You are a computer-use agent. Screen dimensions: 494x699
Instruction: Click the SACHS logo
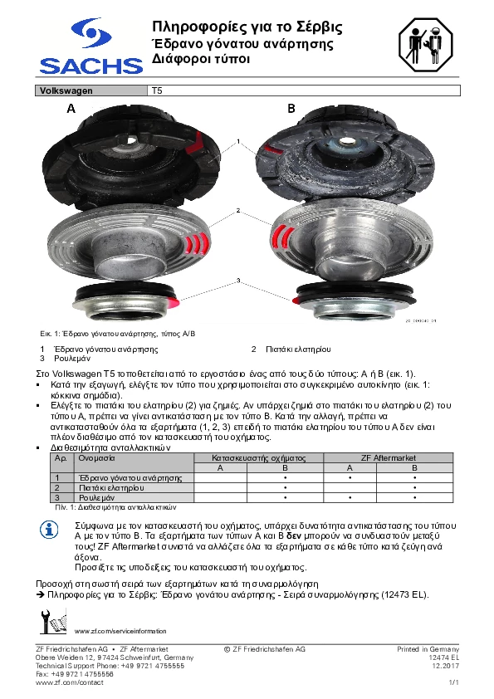click(x=91, y=46)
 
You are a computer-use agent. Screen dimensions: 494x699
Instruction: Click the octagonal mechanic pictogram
click(x=425, y=45)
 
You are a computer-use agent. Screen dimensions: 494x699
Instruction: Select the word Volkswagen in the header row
click(x=66, y=90)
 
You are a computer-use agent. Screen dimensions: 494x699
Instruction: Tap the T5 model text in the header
click(x=157, y=90)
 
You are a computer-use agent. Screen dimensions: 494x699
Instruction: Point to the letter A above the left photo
click(x=71, y=108)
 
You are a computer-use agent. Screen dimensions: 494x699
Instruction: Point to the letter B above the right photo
click(x=291, y=108)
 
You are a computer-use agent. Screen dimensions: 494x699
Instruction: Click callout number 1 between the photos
click(x=238, y=141)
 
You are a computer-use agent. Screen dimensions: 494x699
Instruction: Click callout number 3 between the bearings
click(x=238, y=281)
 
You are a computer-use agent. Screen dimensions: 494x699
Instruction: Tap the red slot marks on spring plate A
click(x=196, y=243)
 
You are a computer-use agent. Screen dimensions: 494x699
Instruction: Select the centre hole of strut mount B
click(x=345, y=142)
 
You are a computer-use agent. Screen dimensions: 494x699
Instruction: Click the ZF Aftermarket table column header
click(x=389, y=457)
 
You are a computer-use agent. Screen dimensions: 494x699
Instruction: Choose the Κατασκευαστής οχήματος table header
click(x=258, y=457)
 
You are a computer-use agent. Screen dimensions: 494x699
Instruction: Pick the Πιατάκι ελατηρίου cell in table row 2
click(x=111, y=487)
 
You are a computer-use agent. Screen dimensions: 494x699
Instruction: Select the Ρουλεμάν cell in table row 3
click(x=97, y=497)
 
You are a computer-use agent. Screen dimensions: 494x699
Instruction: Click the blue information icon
click(x=49, y=530)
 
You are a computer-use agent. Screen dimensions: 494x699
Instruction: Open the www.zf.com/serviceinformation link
click(x=120, y=631)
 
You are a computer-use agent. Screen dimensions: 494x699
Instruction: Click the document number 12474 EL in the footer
click(x=443, y=657)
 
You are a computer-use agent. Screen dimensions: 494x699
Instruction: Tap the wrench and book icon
click(x=53, y=621)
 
